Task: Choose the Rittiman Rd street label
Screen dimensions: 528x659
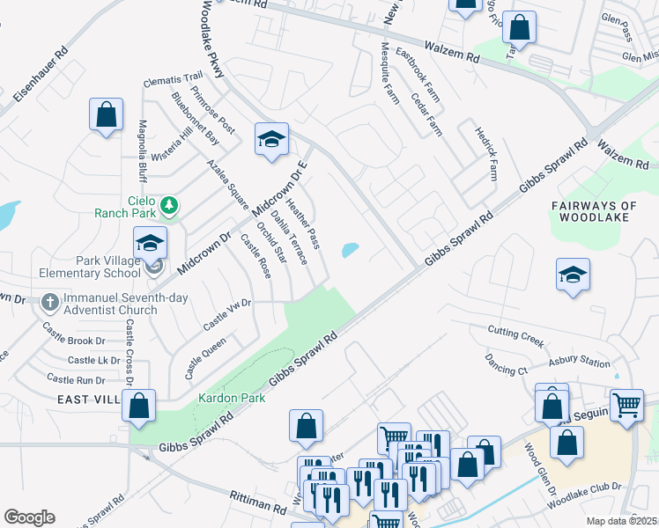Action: (x=258, y=503)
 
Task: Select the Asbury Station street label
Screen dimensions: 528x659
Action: (x=579, y=362)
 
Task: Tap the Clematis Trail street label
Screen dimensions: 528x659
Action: (x=174, y=79)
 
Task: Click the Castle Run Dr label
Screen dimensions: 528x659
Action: (x=76, y=379)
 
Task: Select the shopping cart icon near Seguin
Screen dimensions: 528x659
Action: (x=626, y=406)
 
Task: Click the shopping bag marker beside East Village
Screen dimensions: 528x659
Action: (x=138, y=406)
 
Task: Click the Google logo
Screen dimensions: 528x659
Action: (x=29, y=517)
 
